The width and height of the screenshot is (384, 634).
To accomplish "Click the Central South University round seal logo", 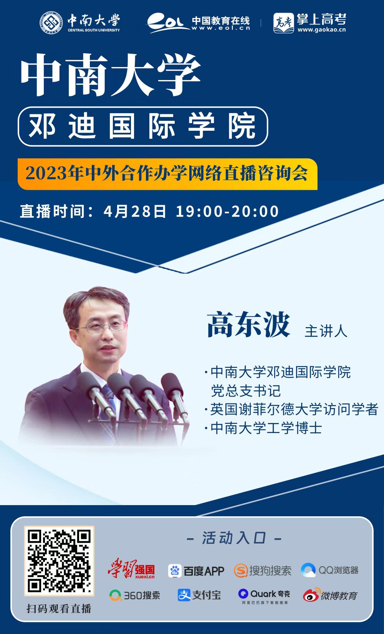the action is coord(51,22).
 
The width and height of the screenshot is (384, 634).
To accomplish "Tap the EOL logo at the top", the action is coord(168,23).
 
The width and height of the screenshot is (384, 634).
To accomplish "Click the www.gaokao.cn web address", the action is coord(322,30).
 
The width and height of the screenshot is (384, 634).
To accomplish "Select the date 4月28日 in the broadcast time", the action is coord(134,211).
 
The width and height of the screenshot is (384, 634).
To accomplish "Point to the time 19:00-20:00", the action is coord(227,211).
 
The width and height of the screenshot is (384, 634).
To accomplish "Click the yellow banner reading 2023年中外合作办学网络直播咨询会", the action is coord(167,174).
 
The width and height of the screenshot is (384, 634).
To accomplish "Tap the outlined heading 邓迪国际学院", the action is coord(143,126).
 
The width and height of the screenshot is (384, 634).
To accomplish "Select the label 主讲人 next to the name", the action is coord(326,331).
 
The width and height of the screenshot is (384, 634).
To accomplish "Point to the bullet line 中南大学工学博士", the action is coord(263,428).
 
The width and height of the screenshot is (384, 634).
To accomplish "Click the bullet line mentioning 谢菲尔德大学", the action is coord(291,409).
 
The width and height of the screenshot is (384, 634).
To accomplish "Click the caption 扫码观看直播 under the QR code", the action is coord(59,608).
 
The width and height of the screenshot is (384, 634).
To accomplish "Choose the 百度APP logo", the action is coord(196,571).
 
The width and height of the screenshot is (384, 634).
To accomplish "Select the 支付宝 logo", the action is coord(199,595).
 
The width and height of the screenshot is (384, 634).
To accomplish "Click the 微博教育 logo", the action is coord(330,594).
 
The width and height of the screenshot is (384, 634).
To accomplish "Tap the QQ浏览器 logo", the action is coord(329,570).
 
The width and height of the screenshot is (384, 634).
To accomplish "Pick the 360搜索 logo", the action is coord(135,595).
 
